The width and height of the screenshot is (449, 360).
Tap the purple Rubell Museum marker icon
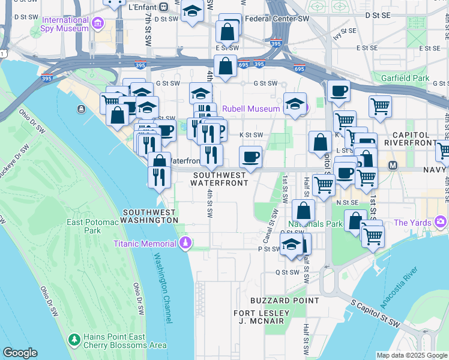pos(303,109)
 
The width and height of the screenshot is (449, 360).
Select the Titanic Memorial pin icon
pos(186,243)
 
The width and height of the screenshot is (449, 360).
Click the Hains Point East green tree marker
pos(74,340)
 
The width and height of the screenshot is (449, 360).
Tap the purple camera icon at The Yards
pos(441,223)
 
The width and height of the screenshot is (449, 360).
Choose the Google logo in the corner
pos(20,353)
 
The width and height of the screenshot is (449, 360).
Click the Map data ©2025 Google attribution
pos(411,355)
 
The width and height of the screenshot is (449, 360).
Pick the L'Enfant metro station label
pos(143,7)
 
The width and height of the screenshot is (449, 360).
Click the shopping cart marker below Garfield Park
pos(380,107)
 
